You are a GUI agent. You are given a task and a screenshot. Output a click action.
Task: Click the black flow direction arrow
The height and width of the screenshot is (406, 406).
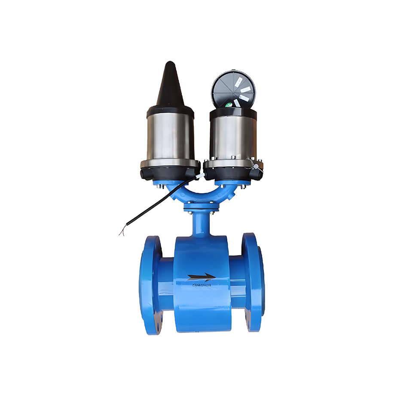(x=201, y=277)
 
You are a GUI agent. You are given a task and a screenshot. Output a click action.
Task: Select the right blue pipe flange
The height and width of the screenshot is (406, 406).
(x=253, y=284)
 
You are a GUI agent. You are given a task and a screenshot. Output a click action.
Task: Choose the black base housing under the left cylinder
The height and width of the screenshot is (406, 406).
(x=170, y=174)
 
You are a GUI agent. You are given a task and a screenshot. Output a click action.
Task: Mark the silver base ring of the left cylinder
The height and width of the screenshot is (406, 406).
(x=170, y=163)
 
